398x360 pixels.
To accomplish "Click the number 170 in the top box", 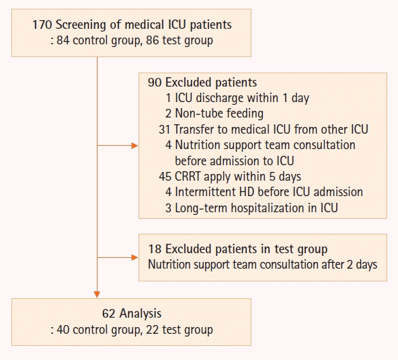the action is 42,25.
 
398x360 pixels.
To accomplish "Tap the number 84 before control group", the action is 63,40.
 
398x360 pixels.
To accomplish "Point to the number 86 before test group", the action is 153,40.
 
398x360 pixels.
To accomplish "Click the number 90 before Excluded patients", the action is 155,83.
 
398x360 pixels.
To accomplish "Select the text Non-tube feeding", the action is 219,114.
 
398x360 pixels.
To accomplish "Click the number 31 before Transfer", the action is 164,130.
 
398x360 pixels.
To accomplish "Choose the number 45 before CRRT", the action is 165,177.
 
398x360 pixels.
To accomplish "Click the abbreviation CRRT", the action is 188,177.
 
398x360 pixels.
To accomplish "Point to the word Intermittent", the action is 206,192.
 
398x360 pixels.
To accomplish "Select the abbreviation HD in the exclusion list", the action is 247,192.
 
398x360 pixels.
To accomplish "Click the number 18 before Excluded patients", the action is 155,249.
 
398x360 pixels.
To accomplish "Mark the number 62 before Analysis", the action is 109,314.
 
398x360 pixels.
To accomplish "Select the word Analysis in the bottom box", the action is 141,314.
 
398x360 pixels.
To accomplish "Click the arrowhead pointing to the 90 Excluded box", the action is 134,146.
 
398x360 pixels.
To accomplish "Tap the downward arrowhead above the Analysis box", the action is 97,294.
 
